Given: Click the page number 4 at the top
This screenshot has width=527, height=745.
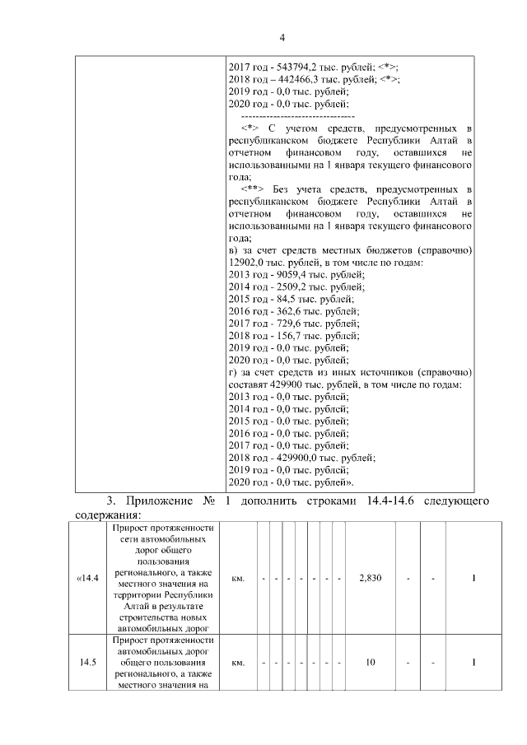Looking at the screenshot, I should pos(282,37).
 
